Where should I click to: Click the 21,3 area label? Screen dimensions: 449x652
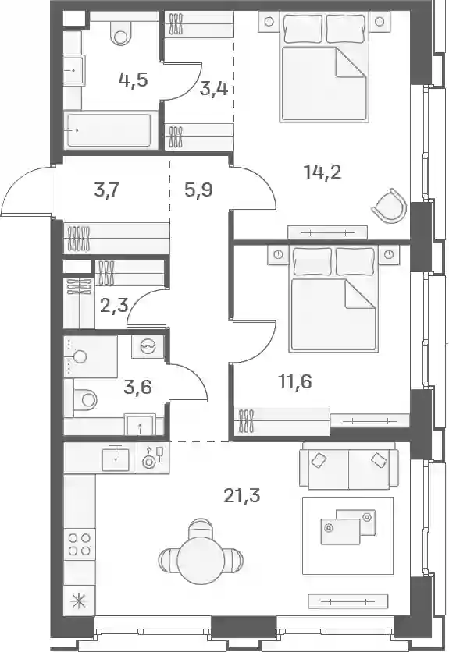point(241,496)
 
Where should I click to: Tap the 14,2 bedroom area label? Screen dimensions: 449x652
point(322,172)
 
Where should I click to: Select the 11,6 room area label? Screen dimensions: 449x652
point(294,381)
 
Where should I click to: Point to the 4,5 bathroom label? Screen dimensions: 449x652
point(134,79)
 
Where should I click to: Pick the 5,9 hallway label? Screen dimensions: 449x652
point(198,190)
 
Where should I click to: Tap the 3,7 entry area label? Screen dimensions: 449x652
point(107,191)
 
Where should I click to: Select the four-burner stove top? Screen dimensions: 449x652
point(79,544)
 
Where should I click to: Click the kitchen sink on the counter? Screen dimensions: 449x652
point(116,457)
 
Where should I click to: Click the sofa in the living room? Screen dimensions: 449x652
point(347,466)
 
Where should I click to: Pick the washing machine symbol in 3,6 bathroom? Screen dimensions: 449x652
point(148,346)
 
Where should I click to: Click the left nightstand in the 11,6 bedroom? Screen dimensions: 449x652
point(278,254)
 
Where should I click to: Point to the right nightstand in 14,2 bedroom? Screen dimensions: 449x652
point(379,22)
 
